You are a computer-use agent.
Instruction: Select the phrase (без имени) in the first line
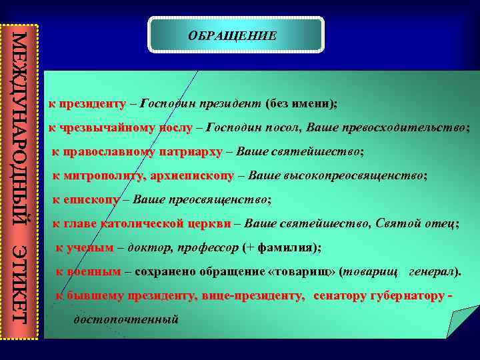coord(301,104)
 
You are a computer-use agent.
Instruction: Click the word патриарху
coord(191,152)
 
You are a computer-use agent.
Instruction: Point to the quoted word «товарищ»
coord(304,272)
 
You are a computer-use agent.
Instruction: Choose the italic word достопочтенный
coord(126,319)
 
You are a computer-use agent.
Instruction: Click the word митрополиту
coord(107,176)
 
